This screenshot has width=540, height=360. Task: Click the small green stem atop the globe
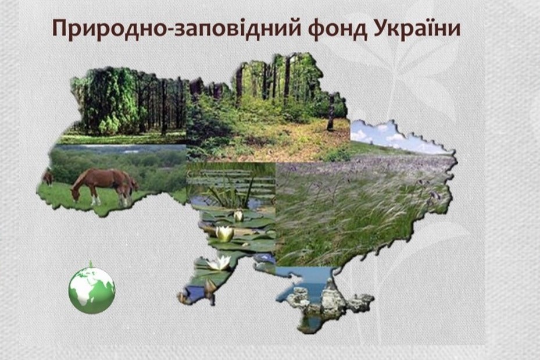(x=91, y=264)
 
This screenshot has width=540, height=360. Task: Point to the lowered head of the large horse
(x=76, y=195)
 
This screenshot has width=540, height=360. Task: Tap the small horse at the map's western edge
(x=48, y=178)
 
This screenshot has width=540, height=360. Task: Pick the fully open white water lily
(x=219, y=263)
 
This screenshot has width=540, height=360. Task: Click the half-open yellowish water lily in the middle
(x=225, y=234)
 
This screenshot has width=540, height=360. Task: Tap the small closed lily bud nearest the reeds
(x=238, y=216)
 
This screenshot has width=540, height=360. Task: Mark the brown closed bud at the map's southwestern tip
(x=210, y=287)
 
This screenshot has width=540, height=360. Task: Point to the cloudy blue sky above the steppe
(x=389, y=135)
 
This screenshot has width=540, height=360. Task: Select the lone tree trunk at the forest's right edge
(x=331, y=113)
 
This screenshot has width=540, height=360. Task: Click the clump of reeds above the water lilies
(x=231, y=193)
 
